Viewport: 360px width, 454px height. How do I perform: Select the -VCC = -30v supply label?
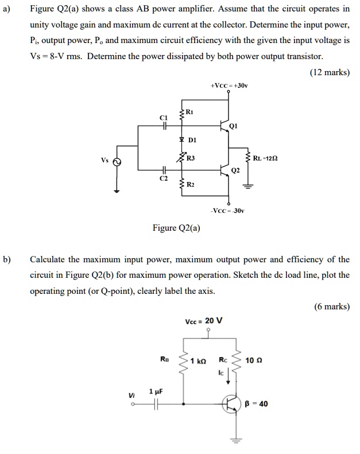pyautogui.click(x=228, y=211)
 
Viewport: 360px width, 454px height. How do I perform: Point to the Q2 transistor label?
pyautogui.click(x=235, y=170)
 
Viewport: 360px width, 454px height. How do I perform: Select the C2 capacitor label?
pyautogui.click(x=163, y=179)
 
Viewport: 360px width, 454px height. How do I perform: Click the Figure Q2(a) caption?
pyautogui.click(x=176, y=228)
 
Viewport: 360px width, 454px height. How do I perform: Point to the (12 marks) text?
pyautogui.click(x=330, y=73)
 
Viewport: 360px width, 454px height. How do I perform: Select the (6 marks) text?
pyautogui.click(x=332, y=306)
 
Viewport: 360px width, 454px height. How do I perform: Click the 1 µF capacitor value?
pyautogui.click(x=155, y=391)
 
